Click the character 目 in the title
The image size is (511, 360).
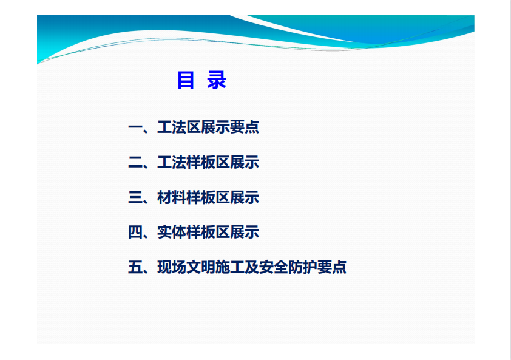tap(186, 80)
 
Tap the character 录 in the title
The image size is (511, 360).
tap(217, 80)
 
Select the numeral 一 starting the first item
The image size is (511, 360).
tap(135, 127)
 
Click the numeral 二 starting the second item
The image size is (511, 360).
tap(135, 162)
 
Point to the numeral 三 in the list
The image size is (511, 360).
tap(135, 197)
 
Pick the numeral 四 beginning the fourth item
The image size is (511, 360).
tap(135, 232)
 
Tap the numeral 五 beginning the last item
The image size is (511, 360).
tap(135, 267)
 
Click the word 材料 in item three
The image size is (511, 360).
tap(172, 197)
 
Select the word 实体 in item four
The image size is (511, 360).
tap(172, 232)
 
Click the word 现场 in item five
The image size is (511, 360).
tap(172, 267)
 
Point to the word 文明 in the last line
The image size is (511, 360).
tap(201, 267)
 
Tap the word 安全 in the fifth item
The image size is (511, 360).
tap(274, 267)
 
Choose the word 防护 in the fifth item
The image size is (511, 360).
tap(303, 267)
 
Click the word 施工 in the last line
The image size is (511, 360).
tap(230, 267)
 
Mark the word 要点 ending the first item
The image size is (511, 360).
tap(245, 127)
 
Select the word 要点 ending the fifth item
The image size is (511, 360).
tap(332, 267)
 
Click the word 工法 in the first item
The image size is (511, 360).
tap(172, 127)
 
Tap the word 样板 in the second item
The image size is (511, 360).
tap(201, 162)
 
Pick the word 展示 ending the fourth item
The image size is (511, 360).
tap(245, 232)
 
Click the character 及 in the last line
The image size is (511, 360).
tap(252, 267)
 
